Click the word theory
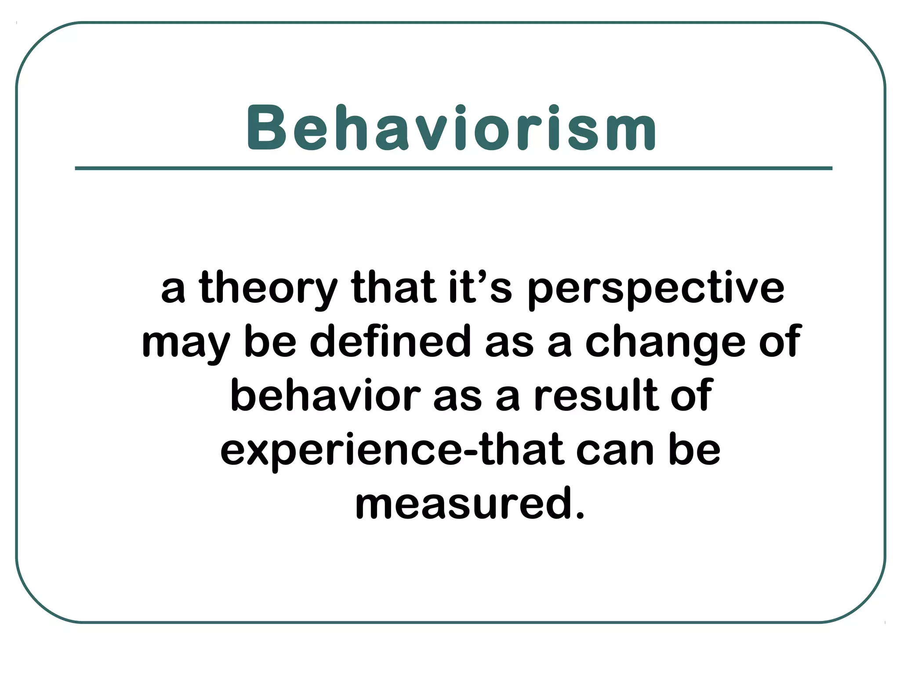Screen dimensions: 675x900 [x=268, y=288]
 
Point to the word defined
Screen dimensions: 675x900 [x=390, y=341]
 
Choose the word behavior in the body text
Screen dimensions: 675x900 [x=325, y=395]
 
